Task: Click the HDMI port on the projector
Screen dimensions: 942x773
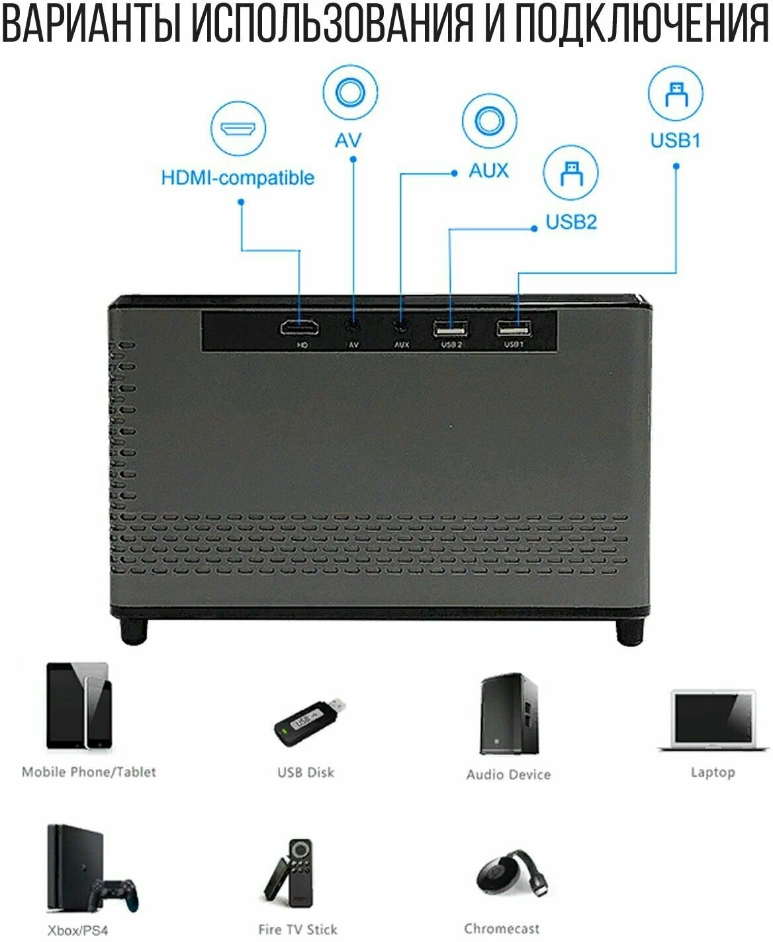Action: (x=299, y=327)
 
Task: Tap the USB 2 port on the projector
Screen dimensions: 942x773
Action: (x=450, y=328)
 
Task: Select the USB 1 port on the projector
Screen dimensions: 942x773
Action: (x=514, y=327)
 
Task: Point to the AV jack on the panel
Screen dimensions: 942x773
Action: (x=353, y=325)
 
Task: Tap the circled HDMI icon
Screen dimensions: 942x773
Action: (x=238, y=128)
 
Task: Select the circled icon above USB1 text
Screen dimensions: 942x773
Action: (x=675, y=93)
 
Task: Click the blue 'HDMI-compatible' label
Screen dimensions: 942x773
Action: (x=238, y=177)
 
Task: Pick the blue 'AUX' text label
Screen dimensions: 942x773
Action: (x=489, y=171)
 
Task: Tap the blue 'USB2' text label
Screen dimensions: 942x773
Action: (x=570, y=222)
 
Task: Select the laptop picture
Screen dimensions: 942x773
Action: (x=713, y=721)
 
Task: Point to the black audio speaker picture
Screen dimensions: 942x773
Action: (x=508, y=714)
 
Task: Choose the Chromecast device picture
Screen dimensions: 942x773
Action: (x=510, y=873)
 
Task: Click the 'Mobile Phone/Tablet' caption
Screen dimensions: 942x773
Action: (x=89, y=772)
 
